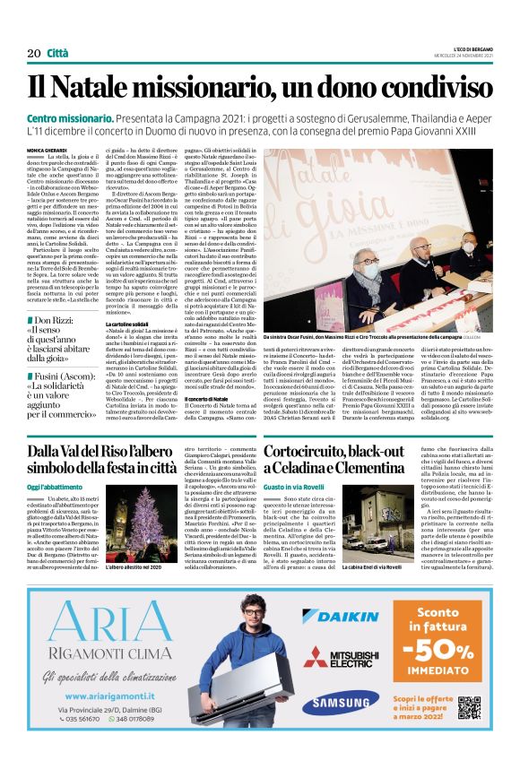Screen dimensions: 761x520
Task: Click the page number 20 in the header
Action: click(x=34, y=54)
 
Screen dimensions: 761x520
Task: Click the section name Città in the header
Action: click(x=57, y=54)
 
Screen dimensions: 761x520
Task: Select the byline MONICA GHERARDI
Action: click(x=46, y=150)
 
